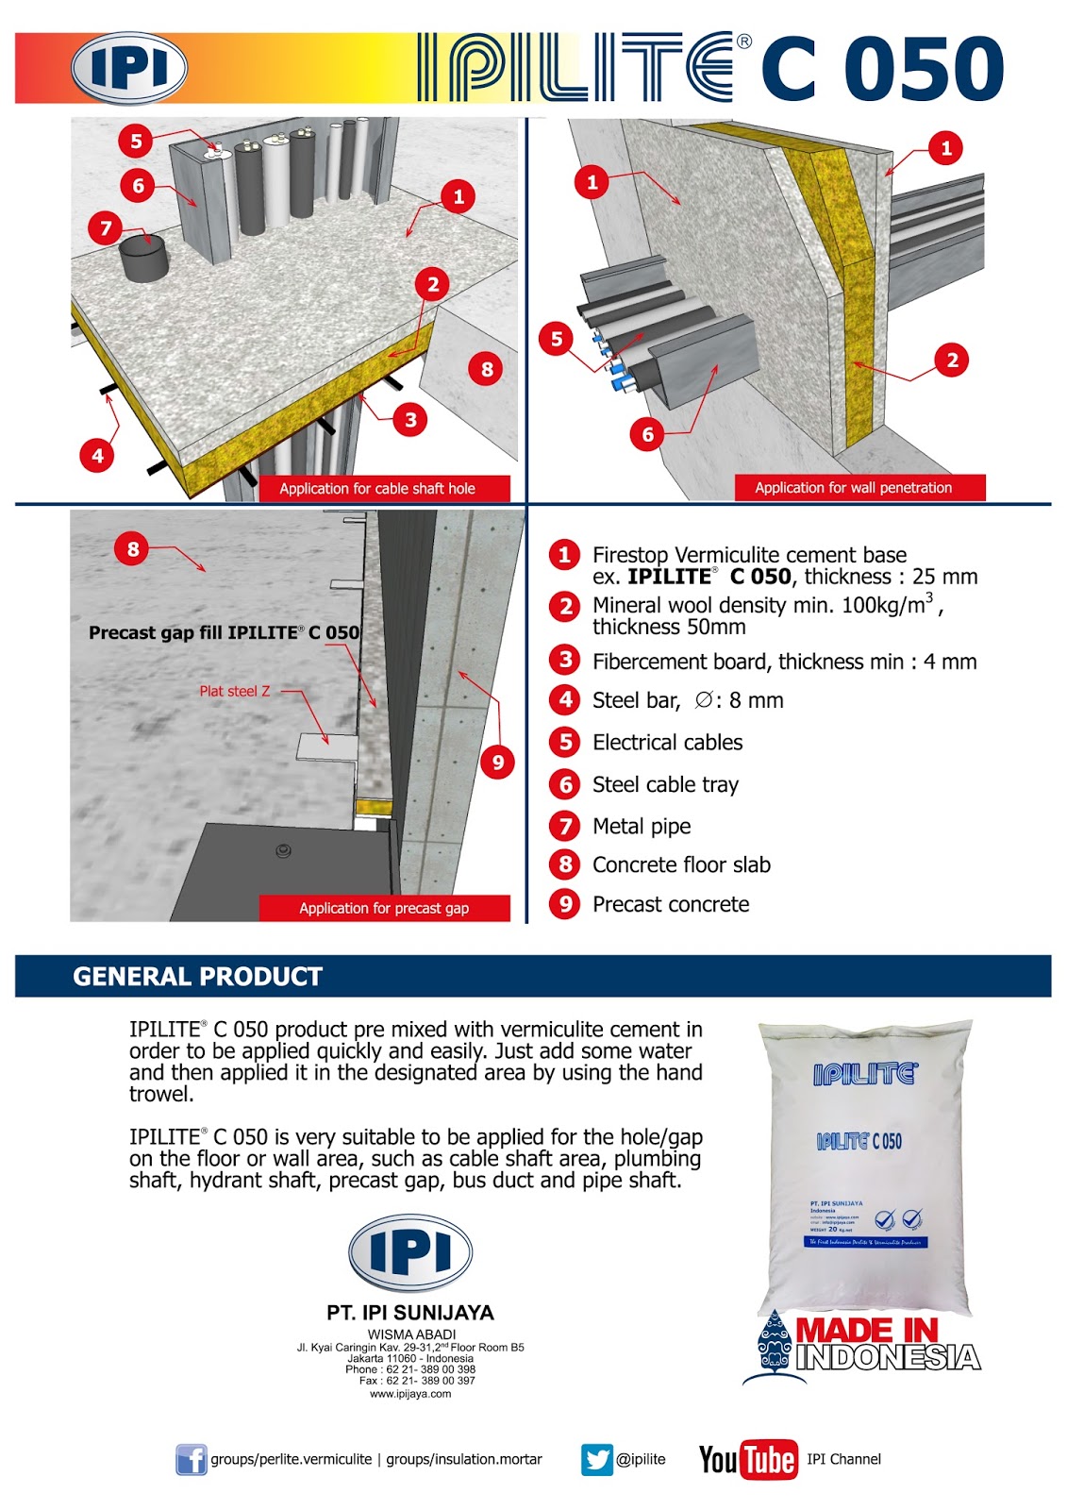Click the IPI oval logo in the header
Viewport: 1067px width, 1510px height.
click(129, 68)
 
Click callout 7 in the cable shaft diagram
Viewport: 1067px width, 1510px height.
click(106, 227)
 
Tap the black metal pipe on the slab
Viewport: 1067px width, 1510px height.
click(144, 260)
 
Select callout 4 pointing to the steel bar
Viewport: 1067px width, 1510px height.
click(97, 456)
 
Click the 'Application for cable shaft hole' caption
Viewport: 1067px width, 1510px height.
click(377, 489)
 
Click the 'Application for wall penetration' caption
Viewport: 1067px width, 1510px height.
click(853, 488)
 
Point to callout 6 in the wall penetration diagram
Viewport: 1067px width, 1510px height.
click(647, 434)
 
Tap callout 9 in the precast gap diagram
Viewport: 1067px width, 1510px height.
click(498, 762)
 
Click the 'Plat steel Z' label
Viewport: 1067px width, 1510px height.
click(234, 691)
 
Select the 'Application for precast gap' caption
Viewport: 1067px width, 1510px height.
click(384, 908)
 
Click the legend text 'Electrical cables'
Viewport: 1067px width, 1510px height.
click(667, 743)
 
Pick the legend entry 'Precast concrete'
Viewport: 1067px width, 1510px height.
click(671, 904)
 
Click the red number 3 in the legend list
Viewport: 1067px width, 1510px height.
click(565, 660)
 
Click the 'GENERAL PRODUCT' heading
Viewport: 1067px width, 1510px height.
click(197, 977)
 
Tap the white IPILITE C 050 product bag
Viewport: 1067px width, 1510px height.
click(864, 1166)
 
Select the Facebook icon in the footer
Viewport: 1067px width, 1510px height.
click(191, 1460)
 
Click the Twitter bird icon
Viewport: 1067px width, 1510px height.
click(597, 1459)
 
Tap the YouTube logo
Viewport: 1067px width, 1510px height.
click(747, 1459)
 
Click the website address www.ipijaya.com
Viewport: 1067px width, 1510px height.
click(410, 1394)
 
